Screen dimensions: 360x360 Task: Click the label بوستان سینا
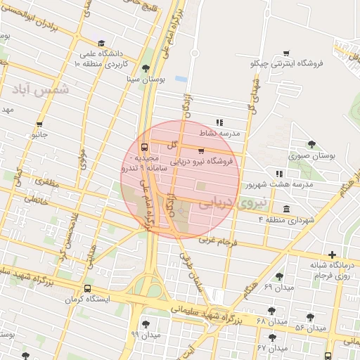[145, 80]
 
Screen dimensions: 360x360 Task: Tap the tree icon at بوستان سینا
[146, 68]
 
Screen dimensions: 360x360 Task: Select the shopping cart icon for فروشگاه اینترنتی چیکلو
[286, 53]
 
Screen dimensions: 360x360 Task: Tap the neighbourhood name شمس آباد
[40, 89]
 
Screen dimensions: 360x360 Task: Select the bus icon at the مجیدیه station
[144, 148]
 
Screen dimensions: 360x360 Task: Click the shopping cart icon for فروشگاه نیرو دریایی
[202, 150]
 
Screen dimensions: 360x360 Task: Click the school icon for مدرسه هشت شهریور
[279, 174]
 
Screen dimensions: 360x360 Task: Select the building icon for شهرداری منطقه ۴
[286, 209]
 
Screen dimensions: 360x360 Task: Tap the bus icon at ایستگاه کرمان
[88, 288]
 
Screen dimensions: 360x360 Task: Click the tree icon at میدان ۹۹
[146, 323]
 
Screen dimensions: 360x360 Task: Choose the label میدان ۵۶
[309, 328]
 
